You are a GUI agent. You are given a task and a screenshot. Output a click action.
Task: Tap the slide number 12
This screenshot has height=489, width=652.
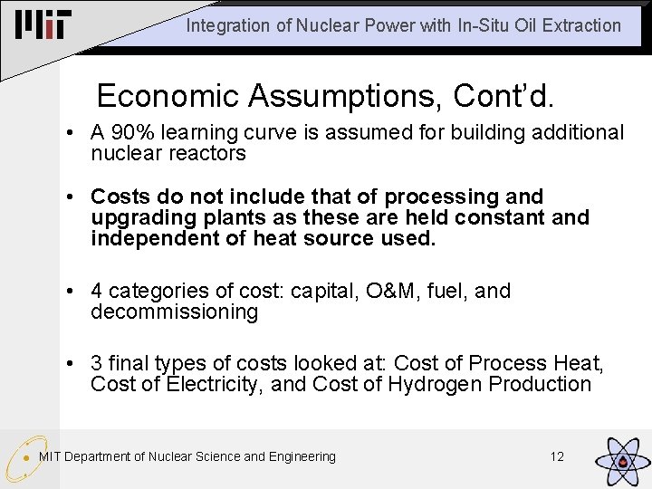click(x=557, y=456)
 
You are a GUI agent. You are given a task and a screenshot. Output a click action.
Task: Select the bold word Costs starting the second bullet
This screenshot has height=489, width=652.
click(x=120, y=197)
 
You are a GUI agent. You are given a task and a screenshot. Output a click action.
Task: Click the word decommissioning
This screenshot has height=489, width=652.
click(x=175, y=312)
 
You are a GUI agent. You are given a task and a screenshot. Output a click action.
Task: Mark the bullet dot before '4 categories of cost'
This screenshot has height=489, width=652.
click(x=70, y=292)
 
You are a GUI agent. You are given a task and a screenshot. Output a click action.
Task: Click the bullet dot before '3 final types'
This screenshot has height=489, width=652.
click(x=70, y=364)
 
